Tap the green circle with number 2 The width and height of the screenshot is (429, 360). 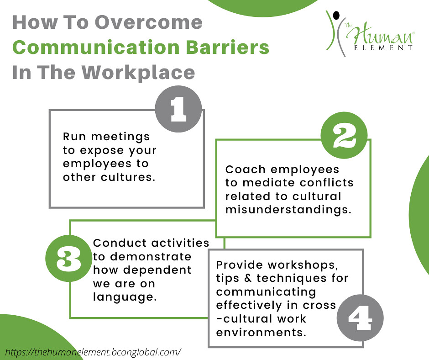tap(344, 136)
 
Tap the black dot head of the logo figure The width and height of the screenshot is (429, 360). tap(336, 16)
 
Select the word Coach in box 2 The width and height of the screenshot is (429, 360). tap(246, 169)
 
